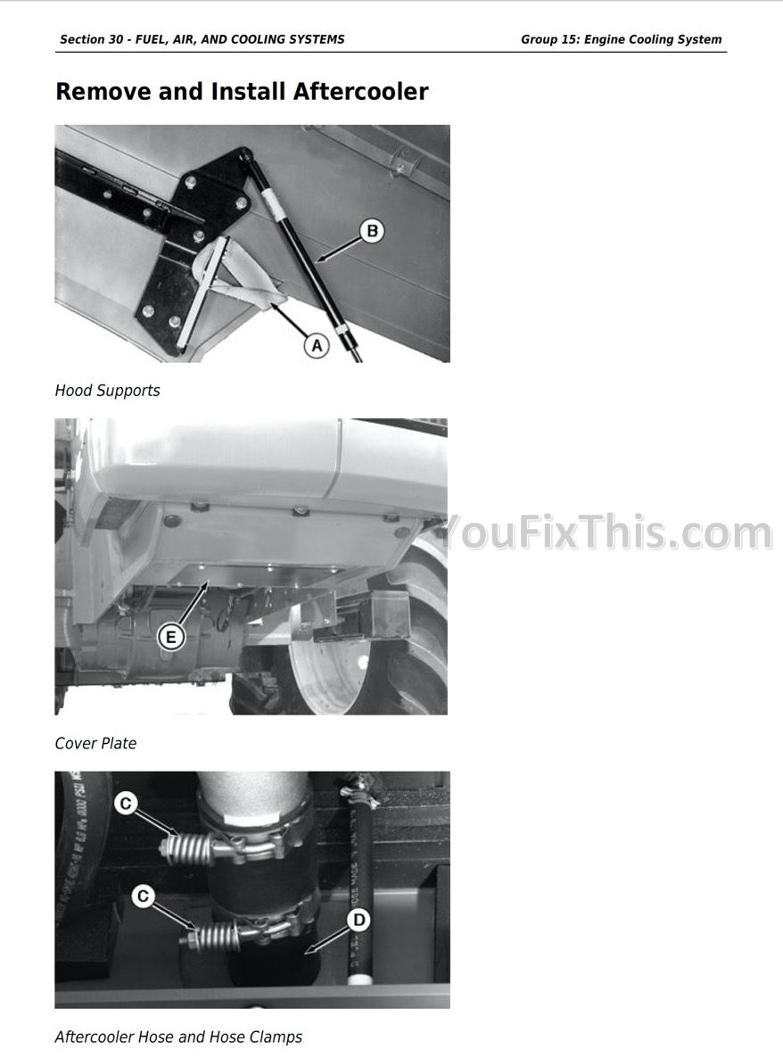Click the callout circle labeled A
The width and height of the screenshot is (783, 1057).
click(316, 346)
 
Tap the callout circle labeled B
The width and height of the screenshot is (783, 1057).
click(371, 231)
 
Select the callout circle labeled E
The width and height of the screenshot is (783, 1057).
click(170, 637)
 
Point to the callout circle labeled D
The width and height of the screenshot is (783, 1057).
click(359, 921)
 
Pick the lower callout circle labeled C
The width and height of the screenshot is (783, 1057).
click(143, 896)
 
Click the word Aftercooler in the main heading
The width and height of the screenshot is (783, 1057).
click(360, 92)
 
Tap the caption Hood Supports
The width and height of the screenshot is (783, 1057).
click(107, 391)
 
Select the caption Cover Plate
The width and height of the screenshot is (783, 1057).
click(95, 744)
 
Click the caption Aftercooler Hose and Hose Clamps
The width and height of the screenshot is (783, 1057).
click(178, 1036)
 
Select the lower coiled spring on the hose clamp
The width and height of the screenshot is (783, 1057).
click(214, 935)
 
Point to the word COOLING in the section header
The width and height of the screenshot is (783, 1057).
click(255, 39)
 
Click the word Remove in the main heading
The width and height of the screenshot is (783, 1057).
click(103, 92)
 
